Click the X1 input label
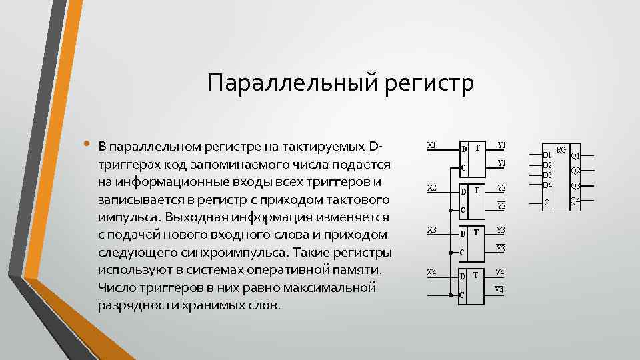431,145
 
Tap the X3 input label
431,230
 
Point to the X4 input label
431,273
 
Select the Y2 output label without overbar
501,188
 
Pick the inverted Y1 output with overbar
501,163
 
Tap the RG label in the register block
561,150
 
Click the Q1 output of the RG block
575,155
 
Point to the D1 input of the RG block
547,155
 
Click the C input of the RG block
546,201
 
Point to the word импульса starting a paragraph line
128,217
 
